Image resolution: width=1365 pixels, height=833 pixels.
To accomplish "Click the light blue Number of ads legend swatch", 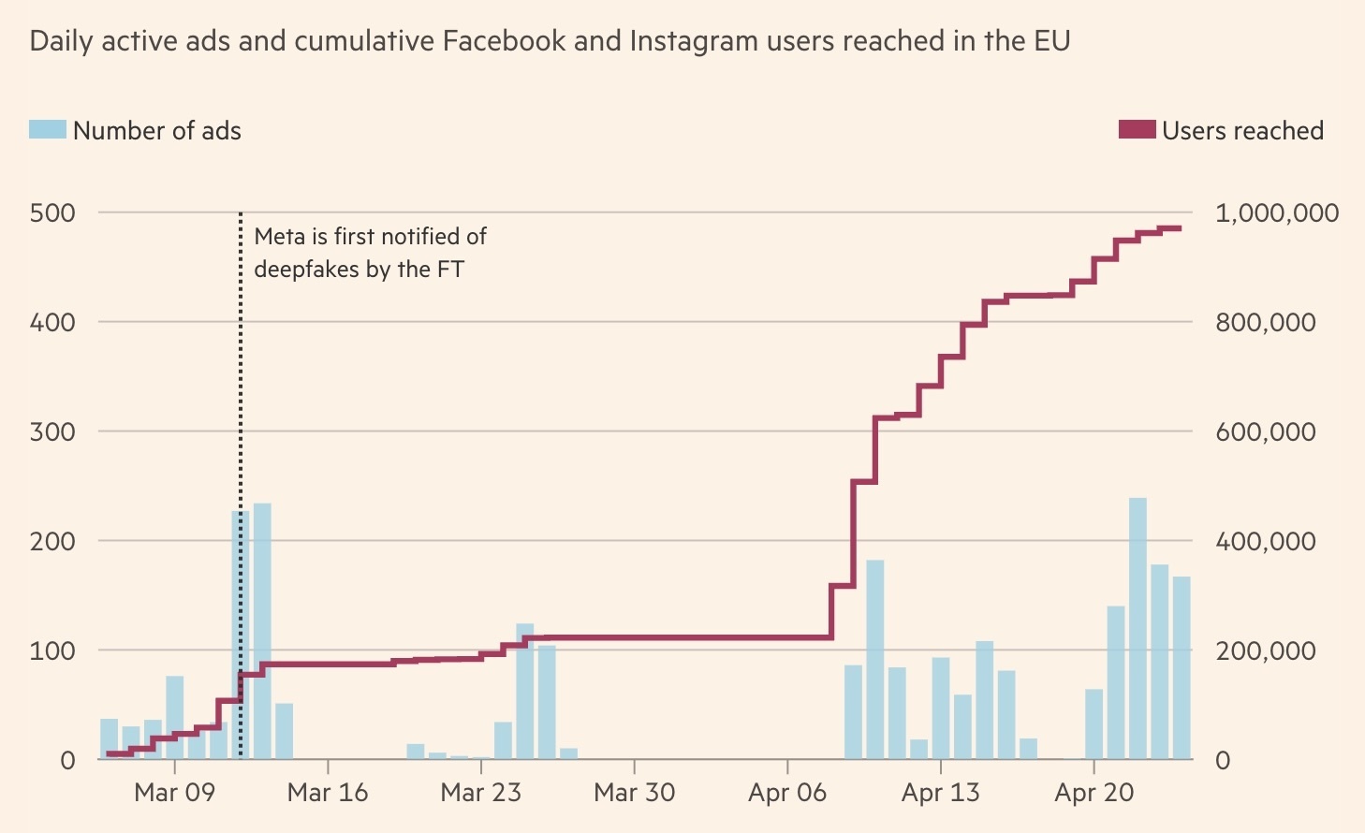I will coord(48,130).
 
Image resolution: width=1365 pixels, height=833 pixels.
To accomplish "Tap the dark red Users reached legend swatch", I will coord(1137,130).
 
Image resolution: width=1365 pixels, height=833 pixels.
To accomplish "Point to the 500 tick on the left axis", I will coord(52,212).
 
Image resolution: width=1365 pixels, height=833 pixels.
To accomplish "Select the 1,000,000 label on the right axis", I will coord(1276,213).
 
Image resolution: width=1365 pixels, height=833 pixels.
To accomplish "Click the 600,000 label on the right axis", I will coord(1265,432).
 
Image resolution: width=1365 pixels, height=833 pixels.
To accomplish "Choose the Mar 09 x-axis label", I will coord(174,793).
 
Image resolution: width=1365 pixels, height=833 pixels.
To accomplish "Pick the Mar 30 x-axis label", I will coord(634,793).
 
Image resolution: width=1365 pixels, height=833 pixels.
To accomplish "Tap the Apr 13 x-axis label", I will coord(940,793).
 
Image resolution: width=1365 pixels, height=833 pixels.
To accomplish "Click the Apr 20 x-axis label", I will coord(1093,793).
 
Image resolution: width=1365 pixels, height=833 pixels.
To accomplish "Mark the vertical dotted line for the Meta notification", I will coord(241,468).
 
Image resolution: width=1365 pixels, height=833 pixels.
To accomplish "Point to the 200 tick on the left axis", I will coord(52,541).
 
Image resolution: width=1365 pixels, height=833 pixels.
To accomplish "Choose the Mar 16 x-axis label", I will coord(328,793).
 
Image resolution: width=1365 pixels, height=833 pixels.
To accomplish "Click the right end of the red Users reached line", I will coord(1180,228).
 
